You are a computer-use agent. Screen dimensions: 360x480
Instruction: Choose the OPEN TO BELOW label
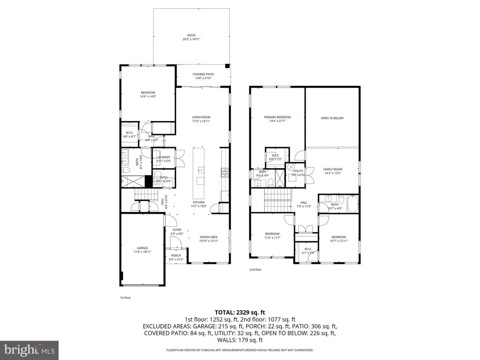(332, 118)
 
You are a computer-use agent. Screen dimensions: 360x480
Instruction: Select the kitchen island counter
(200, 173)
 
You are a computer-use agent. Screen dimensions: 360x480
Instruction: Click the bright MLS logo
(29, 349)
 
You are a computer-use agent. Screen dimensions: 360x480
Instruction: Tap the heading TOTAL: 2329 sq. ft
(240, 312)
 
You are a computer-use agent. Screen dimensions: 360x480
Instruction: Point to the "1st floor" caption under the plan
(125, 298)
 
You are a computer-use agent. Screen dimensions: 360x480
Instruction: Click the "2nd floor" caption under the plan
(255, 270)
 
